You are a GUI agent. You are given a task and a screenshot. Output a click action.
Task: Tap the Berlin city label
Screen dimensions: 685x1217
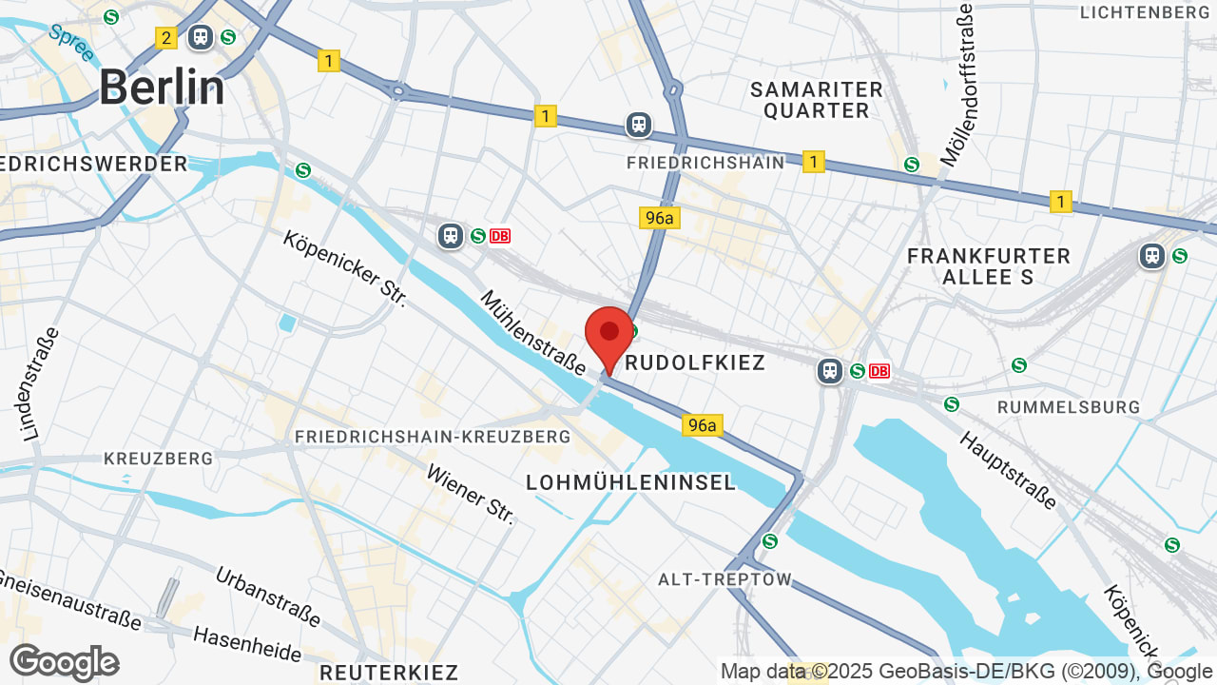[x=163, y=88]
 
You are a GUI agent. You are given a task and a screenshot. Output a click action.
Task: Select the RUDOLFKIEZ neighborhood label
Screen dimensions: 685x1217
[x=694, y=363]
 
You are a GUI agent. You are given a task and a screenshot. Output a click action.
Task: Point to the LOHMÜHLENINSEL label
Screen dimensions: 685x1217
[x=631, y=482]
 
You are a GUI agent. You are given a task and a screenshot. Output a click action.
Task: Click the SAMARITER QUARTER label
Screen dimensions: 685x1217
[x=817, y=100]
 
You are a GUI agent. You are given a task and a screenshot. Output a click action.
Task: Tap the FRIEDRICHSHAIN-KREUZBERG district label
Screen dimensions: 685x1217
[x=433, y=437]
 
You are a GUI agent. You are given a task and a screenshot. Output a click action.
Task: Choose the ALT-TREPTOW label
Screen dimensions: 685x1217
[x=724, y=579]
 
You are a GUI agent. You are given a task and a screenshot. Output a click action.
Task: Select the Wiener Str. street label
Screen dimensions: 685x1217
[x=471, y=494]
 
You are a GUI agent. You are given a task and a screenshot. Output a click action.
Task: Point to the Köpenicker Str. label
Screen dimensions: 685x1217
[x=344, y=267]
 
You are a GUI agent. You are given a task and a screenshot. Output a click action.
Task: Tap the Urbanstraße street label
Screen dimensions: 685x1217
[x=268, y=597]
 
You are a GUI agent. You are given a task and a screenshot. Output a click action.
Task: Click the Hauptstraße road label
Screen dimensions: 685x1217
[x=1008, y=469]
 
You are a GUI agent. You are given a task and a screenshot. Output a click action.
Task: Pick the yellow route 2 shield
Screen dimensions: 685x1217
[x=166, y=38]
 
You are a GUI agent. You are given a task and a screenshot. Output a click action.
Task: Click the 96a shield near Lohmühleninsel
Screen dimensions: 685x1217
[x=702, y=425]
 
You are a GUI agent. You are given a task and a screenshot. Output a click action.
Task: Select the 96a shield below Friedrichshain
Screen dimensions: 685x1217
[x=659, y=218]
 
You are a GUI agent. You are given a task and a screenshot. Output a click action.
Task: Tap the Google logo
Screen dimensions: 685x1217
[x=64, y=662]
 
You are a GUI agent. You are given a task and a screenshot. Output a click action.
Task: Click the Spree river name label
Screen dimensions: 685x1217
[x=70, y=43]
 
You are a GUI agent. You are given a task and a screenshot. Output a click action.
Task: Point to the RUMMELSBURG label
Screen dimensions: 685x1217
[x=1069, y=407]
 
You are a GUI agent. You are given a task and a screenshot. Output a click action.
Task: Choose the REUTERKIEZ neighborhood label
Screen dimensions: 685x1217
[x=389, y=673]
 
